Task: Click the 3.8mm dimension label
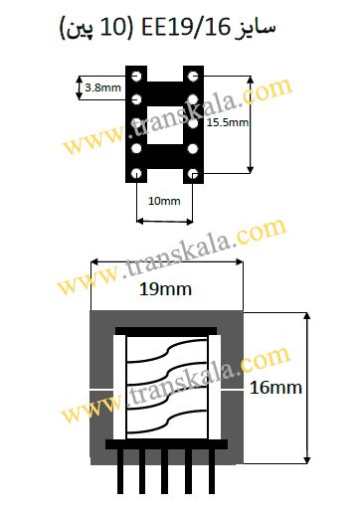point(102,87)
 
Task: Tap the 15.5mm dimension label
point(228,122)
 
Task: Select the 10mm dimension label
point(164,201)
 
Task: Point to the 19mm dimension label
point(165,289)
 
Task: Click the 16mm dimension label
point(275,388)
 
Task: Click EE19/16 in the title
point(186,28)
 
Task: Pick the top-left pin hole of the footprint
point(136,77)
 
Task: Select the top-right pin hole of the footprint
point(193,77)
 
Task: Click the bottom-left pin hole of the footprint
point(136,173)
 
